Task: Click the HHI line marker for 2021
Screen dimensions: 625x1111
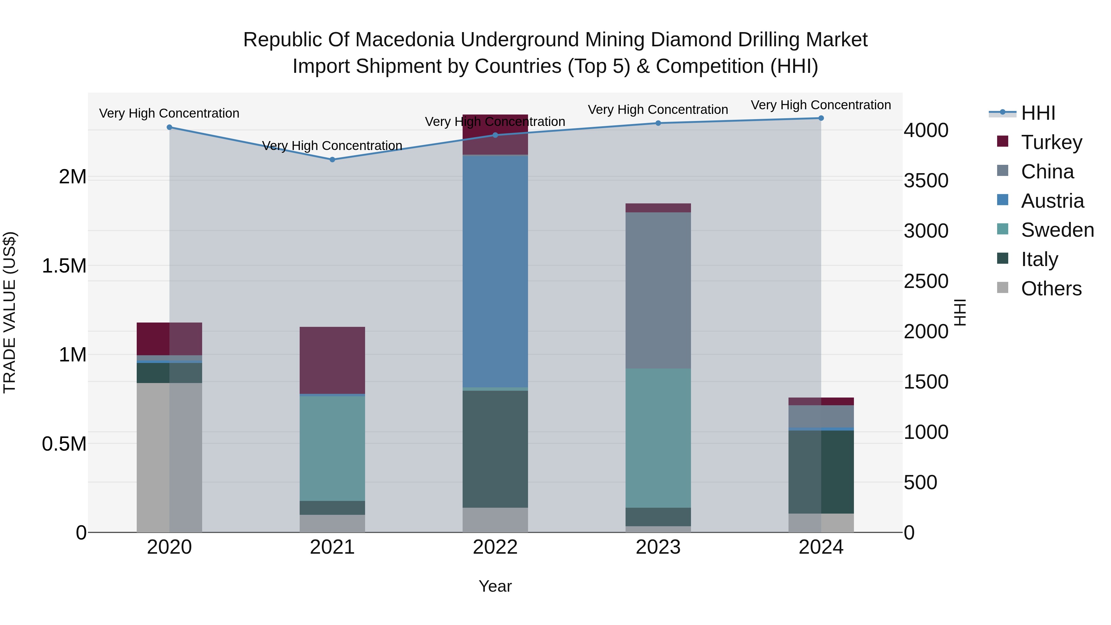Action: coord(332,160)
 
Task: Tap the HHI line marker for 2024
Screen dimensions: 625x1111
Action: coord(821,118)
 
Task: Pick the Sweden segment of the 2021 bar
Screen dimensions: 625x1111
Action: coord(332,448)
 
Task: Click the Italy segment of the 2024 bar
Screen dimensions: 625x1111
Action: coord(821,472)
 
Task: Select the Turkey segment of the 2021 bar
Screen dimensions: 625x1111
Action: coord(332,360)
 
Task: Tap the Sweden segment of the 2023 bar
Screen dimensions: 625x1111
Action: coord(658,438)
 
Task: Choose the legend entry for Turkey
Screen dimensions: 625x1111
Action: coord(1051,142)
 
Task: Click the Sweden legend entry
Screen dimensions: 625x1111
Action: coord(1057,230)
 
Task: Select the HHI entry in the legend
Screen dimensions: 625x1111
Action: coord(1038,113)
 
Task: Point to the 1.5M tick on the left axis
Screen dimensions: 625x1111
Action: coord(64,266)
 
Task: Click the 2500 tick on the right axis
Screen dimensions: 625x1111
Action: coord(926,281)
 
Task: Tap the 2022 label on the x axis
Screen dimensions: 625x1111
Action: coord(495,547)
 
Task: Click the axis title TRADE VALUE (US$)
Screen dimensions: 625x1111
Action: coord(10,312)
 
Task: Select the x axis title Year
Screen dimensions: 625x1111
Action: coord(495,586)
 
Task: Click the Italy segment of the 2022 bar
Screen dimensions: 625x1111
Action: coord(495,448)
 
